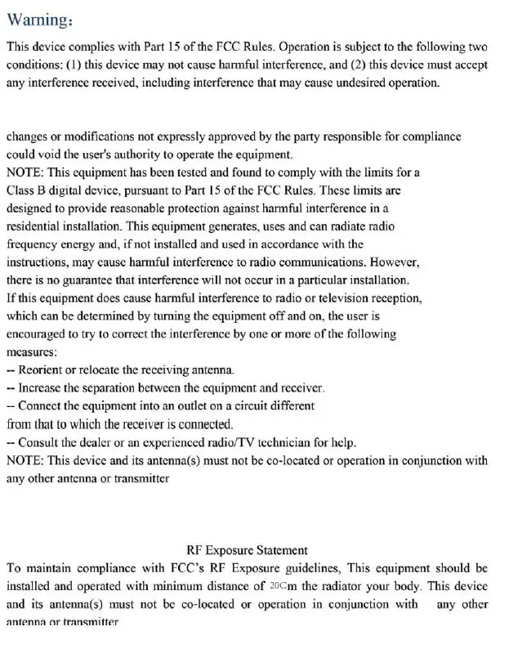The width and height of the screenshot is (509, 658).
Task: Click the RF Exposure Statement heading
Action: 247,550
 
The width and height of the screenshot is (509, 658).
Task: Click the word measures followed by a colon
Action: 32,352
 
